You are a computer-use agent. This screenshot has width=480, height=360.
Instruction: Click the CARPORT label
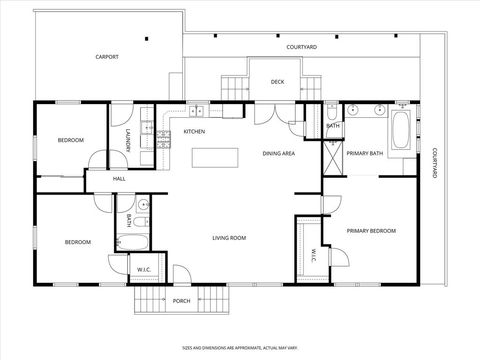107,57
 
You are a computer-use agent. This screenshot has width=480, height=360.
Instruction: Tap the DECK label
277,82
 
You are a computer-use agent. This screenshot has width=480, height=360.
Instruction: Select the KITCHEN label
194,132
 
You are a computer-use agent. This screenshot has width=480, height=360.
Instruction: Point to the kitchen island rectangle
216,157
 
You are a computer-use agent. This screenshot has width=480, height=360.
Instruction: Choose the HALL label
119,178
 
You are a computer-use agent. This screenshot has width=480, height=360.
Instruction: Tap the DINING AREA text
278,153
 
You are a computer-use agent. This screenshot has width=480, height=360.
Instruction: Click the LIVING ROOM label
229,237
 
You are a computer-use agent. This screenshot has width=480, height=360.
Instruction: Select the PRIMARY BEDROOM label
371,231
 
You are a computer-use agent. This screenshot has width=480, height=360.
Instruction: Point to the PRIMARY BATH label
364,153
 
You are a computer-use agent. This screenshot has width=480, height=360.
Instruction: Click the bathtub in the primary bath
400,132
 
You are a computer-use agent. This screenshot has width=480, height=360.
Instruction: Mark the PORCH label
181,300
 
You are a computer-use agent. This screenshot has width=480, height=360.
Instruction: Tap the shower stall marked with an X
333,156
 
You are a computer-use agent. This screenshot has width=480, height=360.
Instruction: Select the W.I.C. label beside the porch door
144,268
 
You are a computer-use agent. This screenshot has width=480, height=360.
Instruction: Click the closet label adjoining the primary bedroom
312,251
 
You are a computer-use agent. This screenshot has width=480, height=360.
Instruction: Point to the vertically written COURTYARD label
434,164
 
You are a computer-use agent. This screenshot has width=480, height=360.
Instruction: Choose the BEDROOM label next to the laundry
70,140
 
